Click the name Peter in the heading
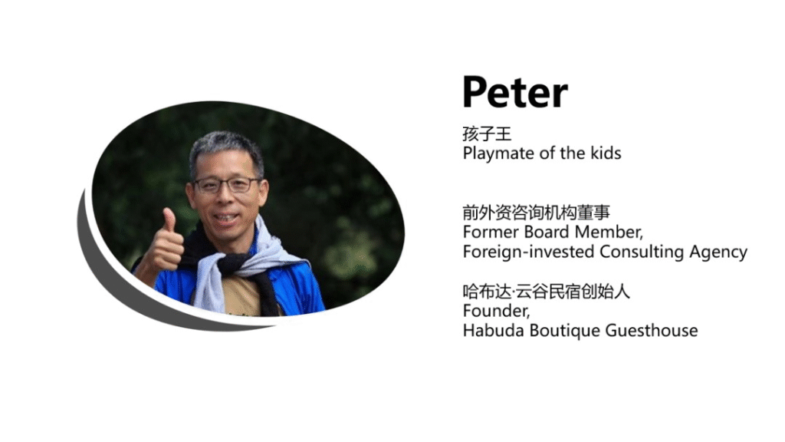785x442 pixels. pos(515,92)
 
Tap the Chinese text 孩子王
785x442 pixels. pos(487,134)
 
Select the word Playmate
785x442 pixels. pos(499,153)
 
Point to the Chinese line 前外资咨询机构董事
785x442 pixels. pos(536,213)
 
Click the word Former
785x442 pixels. pos(491,232)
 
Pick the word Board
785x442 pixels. pos(547,232)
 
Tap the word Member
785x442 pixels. pos(607,232)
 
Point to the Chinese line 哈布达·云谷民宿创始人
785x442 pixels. pos(546,291)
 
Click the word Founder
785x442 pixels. pos(496,311)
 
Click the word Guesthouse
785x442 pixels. pos(652,330)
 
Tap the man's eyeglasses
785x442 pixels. pos(227,185)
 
